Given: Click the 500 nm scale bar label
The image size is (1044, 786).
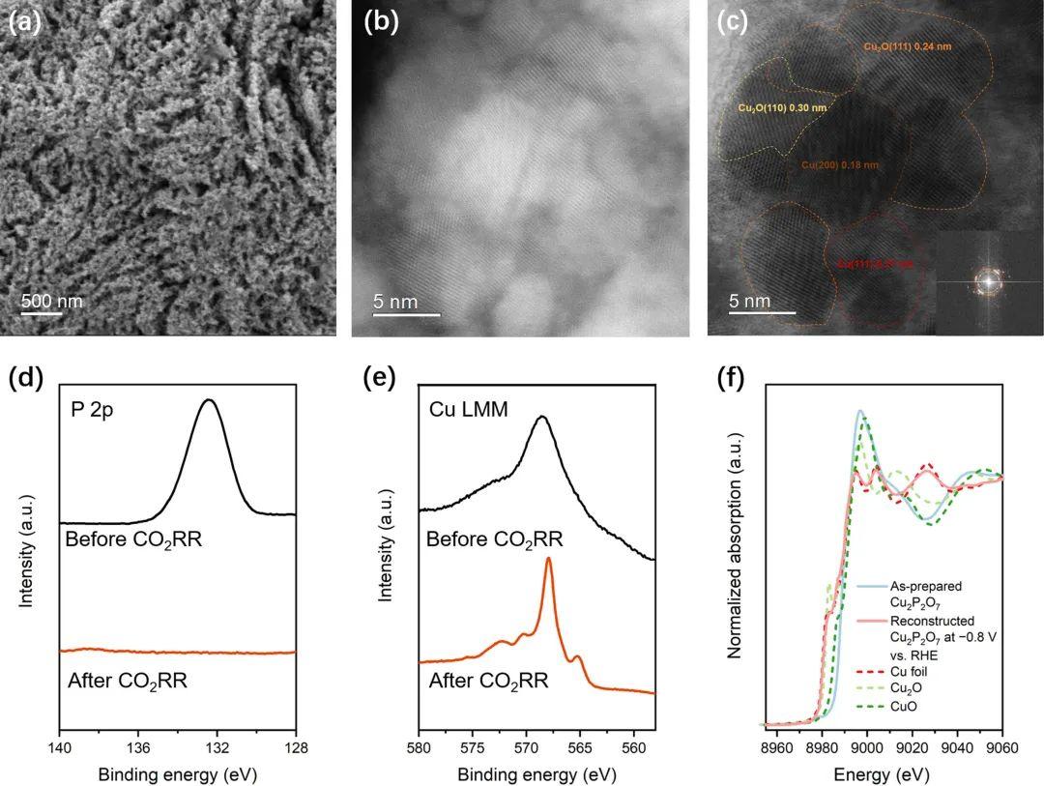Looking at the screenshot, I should pos(52,301).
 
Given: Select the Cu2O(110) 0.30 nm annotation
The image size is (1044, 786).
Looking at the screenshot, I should pos(782,107).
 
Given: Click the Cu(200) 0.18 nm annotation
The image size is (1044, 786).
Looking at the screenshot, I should pos(840,165).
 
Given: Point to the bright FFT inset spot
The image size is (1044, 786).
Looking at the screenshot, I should pos(988,281).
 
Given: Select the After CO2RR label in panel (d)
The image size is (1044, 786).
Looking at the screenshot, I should pos(128,681).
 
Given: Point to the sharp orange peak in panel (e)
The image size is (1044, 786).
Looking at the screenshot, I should pos(548,559).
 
